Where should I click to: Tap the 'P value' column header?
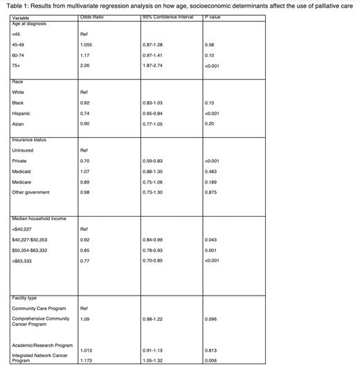point(214,17)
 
